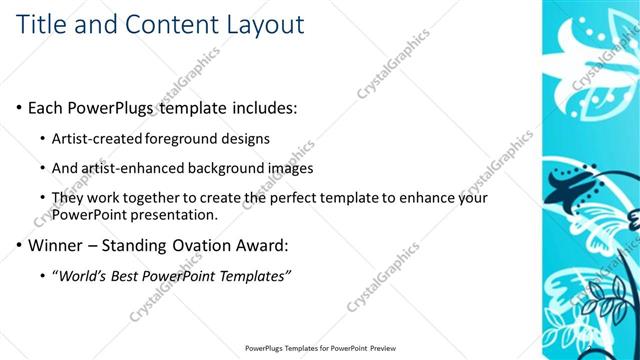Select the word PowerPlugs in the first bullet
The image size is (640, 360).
pyautogui.click(x=113, y=106)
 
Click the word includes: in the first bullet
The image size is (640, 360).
pyautogui.click(x=260, y=106)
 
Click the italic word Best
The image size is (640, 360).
pyautogui.click(x=134, y=275)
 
